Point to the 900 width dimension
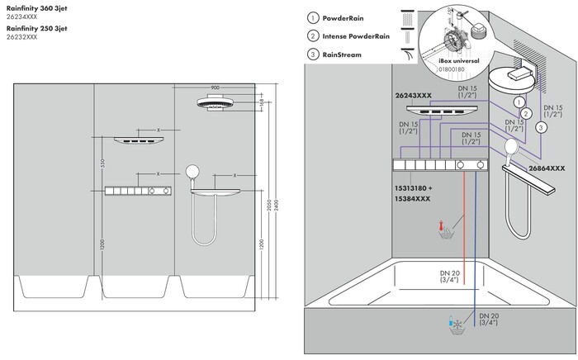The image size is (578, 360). (x=215, y=87)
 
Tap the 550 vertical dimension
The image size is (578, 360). (x=103, y=163)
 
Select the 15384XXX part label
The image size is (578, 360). (x=410, y=199)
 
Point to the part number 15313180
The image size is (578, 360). (x=410, y=187)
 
